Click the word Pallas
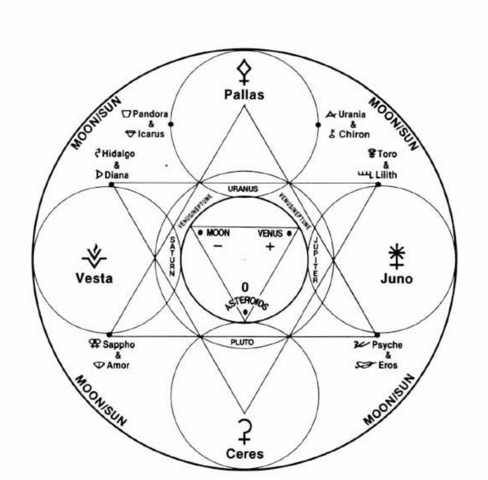pos(245,94)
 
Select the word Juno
pos(396,279)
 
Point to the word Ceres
pos(245,453)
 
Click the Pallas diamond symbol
pos(245,71)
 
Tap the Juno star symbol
pos(395,255)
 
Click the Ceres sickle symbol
pos(245,430)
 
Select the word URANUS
pos(243,189)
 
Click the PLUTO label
pos(242,342)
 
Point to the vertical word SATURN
pos(172,256)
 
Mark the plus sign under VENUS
pos(269,247)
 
